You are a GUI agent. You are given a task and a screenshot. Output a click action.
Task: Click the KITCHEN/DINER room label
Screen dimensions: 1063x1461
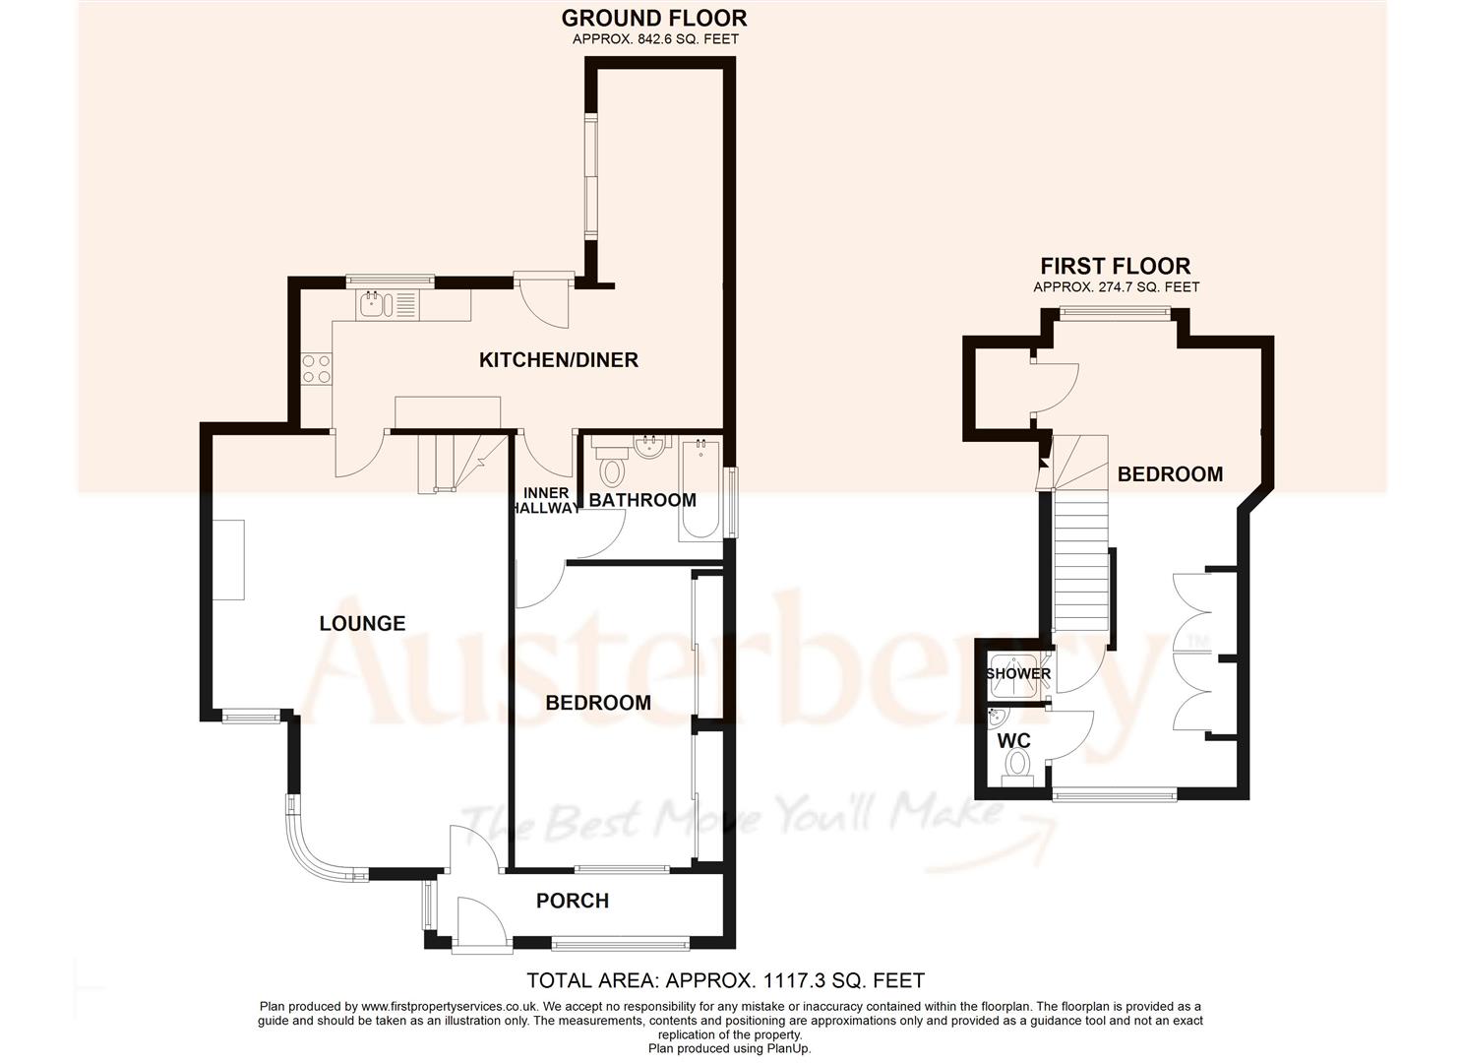(558, 360)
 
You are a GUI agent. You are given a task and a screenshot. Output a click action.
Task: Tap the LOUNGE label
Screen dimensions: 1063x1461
(362, 623)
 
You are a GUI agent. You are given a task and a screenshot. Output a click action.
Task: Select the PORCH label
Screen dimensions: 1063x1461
(572, 901)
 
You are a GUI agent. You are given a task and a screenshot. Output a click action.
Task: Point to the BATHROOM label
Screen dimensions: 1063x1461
(641, 500)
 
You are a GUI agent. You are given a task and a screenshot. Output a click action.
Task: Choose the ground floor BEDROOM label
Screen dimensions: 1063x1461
(598, 703)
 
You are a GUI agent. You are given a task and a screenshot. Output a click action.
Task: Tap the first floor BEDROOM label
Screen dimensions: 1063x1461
(1170, 474)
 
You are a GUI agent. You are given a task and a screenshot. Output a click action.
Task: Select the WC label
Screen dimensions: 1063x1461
(1014, 739)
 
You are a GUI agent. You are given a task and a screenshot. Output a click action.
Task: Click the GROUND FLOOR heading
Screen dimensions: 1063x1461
(654, 18)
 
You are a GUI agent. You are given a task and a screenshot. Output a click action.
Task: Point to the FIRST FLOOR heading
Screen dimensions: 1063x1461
(1116, 266)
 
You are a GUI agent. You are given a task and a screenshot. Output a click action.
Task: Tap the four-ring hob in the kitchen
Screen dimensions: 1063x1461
(316, 368)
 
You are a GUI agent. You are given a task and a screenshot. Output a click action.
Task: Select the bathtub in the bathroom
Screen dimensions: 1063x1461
(700, 489)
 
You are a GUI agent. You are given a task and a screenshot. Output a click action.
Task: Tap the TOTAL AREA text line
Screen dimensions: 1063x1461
(726, 980)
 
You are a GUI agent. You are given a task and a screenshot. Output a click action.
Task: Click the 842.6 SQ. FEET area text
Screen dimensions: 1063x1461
(654, 39)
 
